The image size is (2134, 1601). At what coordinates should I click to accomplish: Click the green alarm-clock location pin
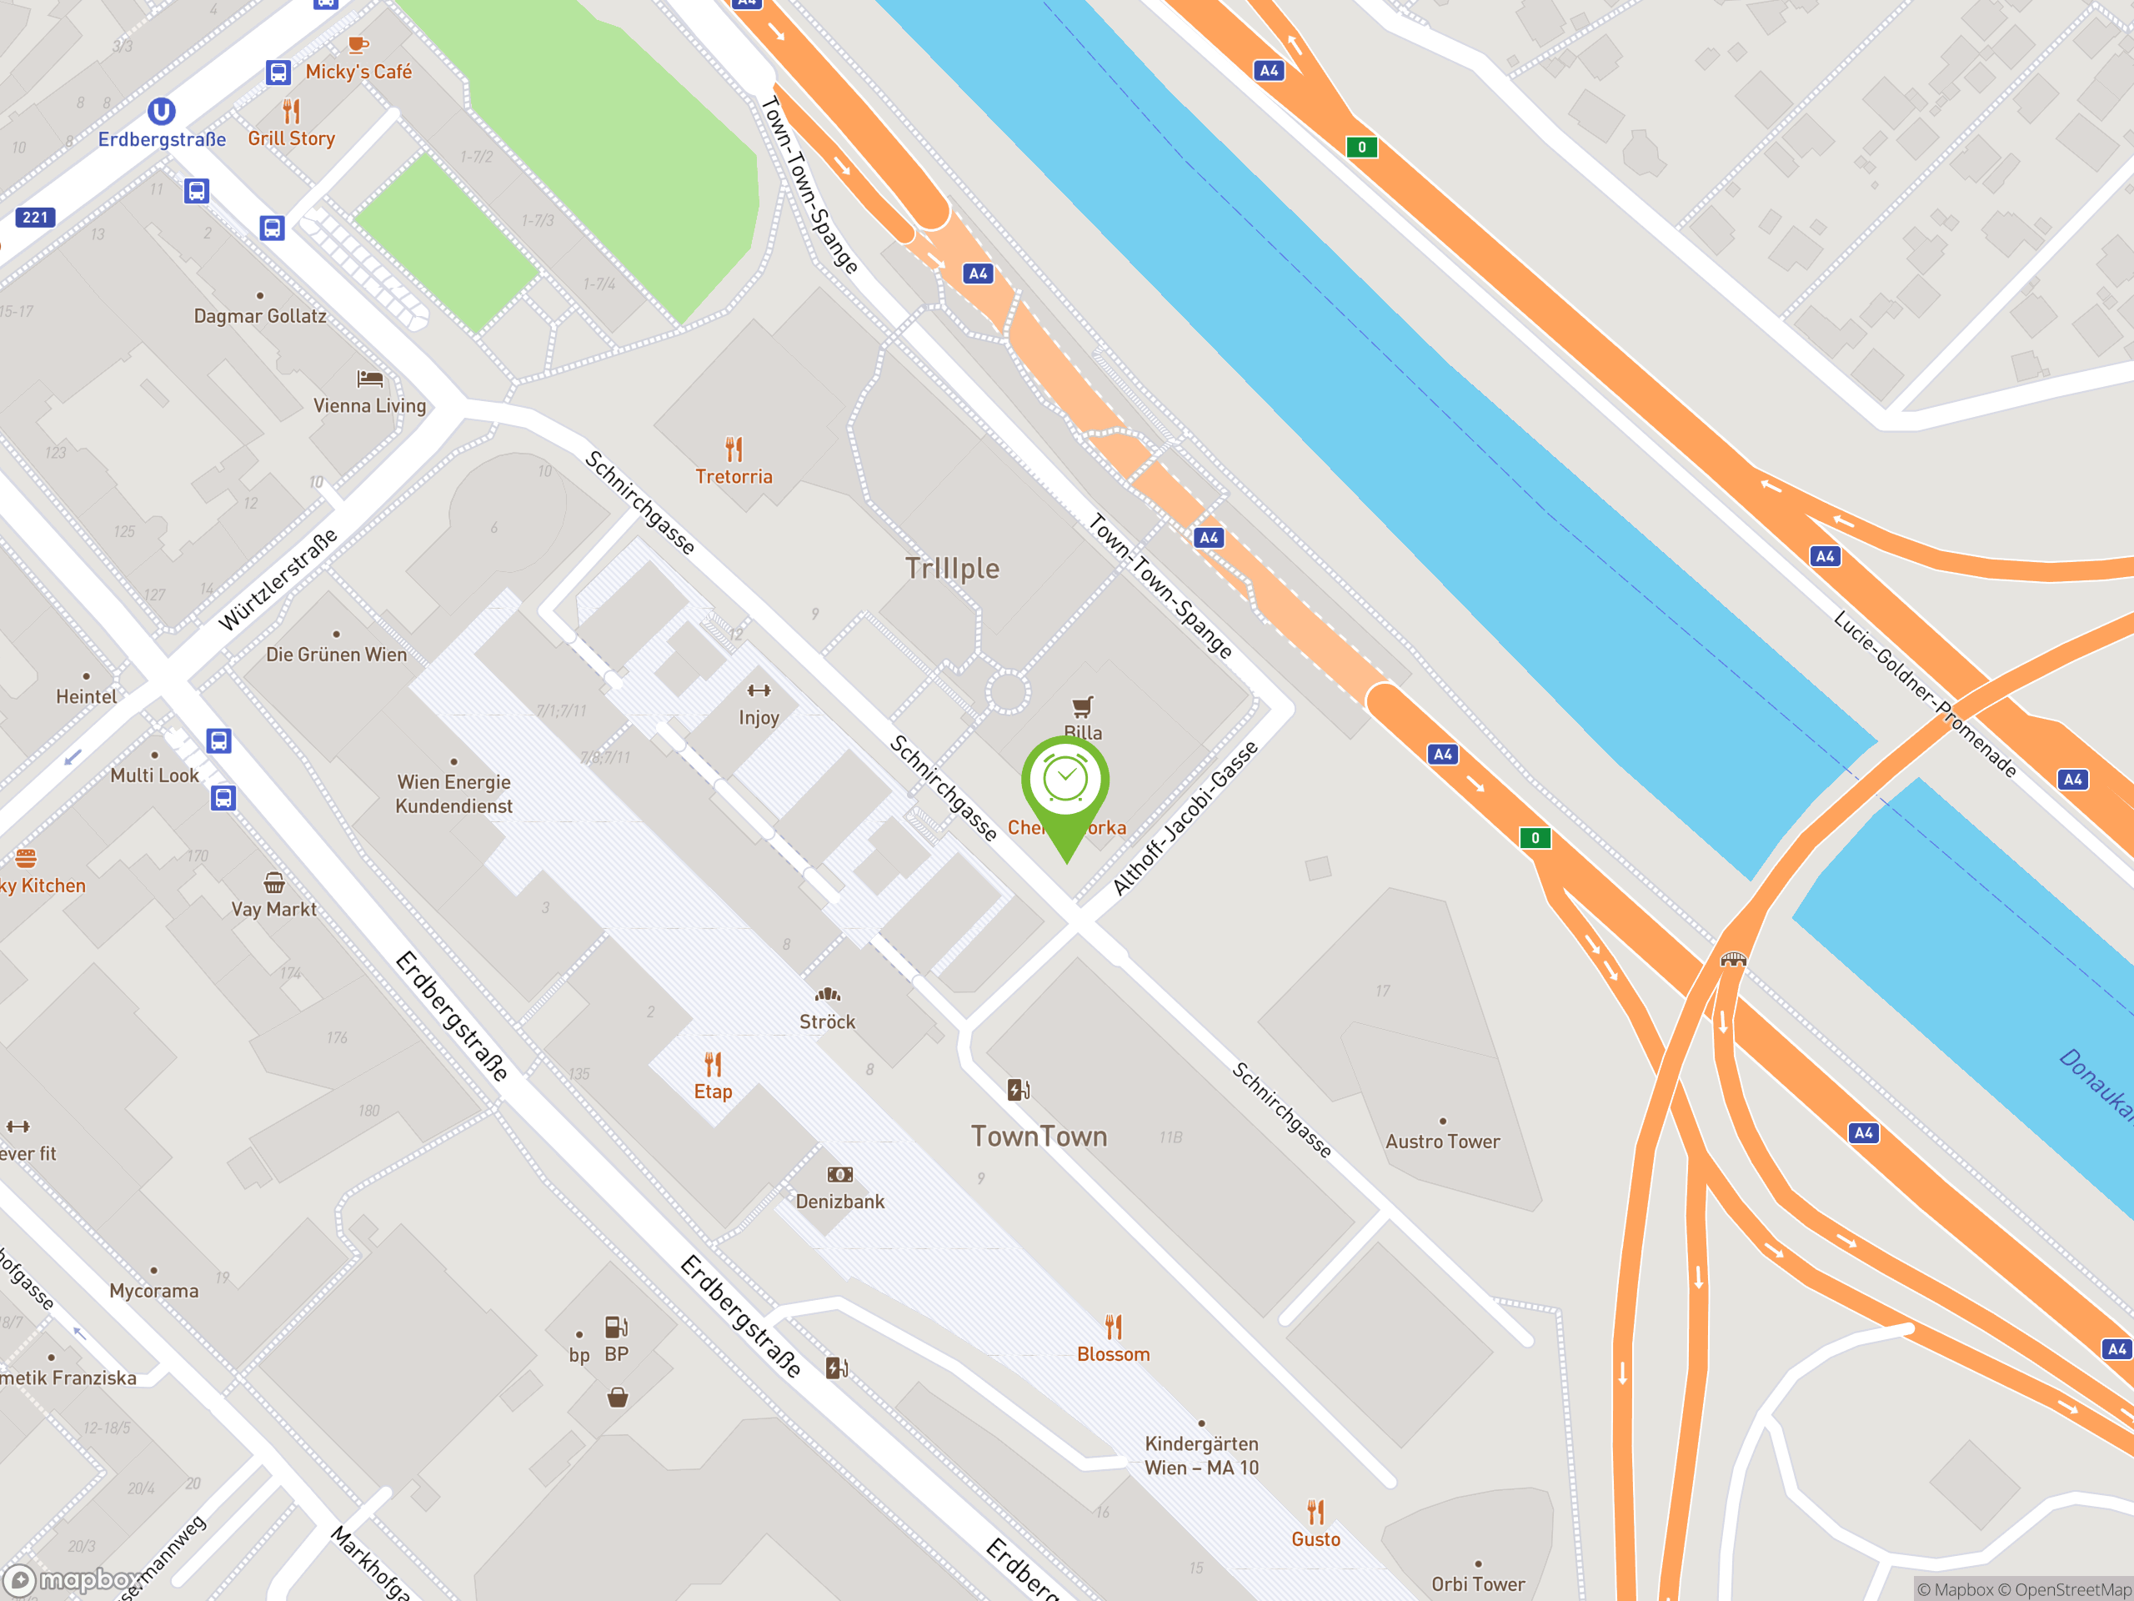(x=1065, y=781)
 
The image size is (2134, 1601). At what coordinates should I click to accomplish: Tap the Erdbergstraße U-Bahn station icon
(x=161, y=112)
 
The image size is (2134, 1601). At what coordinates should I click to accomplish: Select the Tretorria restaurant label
(x=734, y=477)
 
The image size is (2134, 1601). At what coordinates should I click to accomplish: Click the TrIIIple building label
(x=951, y=569)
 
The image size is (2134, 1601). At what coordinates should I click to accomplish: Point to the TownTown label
(x=1038, y=1136)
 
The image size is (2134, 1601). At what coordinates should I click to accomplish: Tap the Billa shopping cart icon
(x=1083, y=706)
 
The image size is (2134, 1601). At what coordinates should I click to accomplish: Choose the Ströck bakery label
(x=827, y=1021)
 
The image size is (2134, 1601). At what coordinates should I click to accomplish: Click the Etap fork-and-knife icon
(x=713, y=1065)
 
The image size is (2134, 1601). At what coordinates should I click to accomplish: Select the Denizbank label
(x=839, y=1202)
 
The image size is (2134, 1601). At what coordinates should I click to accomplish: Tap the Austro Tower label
(x=1442, y=1142)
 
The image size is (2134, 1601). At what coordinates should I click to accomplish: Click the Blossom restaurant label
(x=1114, y=1354)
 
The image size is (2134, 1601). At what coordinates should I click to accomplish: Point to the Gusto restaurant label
(x=1316, y=1539)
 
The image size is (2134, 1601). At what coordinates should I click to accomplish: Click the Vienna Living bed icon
(x=369, y=379)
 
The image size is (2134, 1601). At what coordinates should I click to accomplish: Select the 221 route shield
(x=35, y=217)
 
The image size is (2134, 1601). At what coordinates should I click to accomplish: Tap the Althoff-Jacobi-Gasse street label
(x=1185, y=818)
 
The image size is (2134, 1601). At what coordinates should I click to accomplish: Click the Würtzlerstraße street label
(x=278, y=580)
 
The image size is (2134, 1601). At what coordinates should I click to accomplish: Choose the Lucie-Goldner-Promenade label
(x=1924, y=693)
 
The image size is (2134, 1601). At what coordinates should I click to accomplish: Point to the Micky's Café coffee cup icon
(x=358, y=43)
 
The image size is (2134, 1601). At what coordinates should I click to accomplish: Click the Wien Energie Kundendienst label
(x=453, y=793)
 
